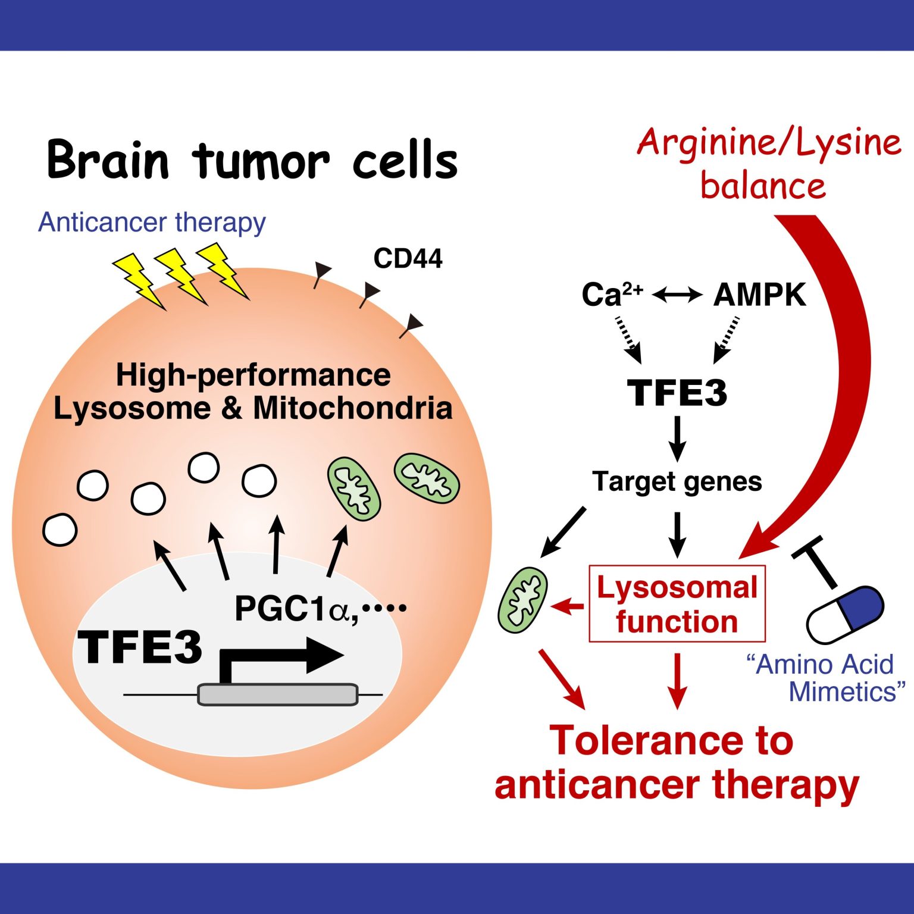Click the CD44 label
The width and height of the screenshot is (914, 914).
[x=408, y=259]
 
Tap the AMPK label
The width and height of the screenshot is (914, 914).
[x=759, y=295]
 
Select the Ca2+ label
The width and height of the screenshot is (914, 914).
[x=612, y=295]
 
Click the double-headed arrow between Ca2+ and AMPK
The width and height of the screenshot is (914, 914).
[x=677, y=294]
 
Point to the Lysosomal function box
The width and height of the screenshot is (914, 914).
[x=677, y=603]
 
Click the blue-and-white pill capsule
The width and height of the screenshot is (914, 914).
[x=845, y=615]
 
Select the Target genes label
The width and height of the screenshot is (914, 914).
[x=677, y=482]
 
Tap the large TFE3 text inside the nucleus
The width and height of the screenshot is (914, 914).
[x=141, y=647]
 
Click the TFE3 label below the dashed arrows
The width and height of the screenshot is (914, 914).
[x=677, y=393]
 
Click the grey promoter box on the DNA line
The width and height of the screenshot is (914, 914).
[x=277, y=694]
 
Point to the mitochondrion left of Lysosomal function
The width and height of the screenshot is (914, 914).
[x=522, y=600]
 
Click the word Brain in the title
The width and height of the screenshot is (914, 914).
[x=108, y=159]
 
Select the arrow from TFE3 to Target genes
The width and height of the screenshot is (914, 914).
[x=677, y=439]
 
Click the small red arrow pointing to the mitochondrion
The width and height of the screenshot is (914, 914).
[x=567, y=607]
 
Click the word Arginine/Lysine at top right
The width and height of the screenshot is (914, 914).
[x=769, y=143]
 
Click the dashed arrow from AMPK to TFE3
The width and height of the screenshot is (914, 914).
[x=726, y=339]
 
